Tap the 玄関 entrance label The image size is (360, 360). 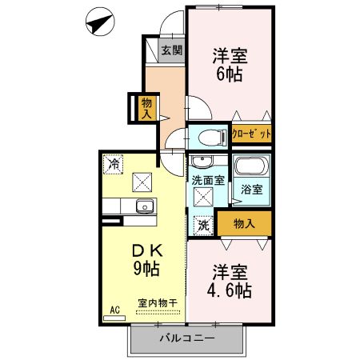point(171,50)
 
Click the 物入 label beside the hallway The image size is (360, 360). point(146,107)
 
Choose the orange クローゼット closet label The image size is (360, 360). point(252,134)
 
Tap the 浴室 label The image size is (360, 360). point(251,190)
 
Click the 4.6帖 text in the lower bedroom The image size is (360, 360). point(229,287)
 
